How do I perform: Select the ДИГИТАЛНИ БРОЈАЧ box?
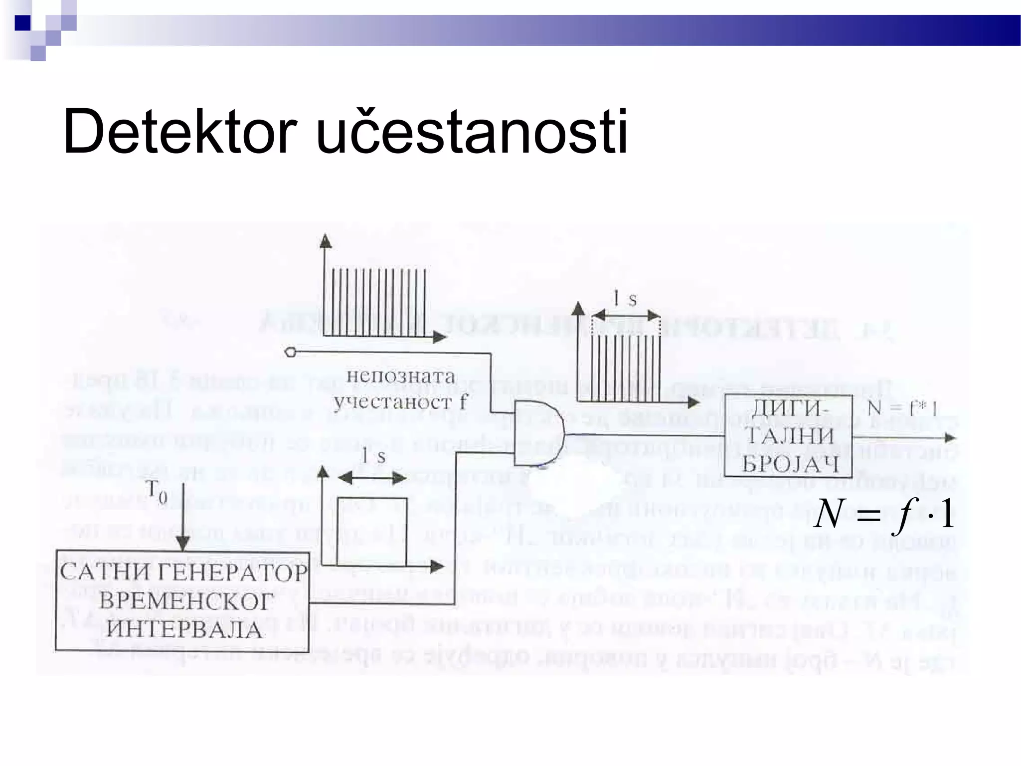(x=788, y=435)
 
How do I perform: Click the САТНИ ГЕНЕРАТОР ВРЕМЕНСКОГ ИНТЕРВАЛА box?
(x=182, y=600)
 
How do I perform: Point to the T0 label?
(x=156, y=491)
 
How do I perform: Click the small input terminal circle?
(x=290, y=352)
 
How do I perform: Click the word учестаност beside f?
(x=394, y=401)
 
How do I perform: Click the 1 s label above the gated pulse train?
(x=625, y=299)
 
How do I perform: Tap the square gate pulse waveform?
(x=371, y=531)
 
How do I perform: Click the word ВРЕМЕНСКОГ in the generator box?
(x=186, y=601)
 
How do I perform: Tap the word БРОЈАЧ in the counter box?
(x=790, y=465)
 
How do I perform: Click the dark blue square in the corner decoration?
(x=23, y=23)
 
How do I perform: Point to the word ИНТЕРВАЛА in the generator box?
(x=184, y=629)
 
